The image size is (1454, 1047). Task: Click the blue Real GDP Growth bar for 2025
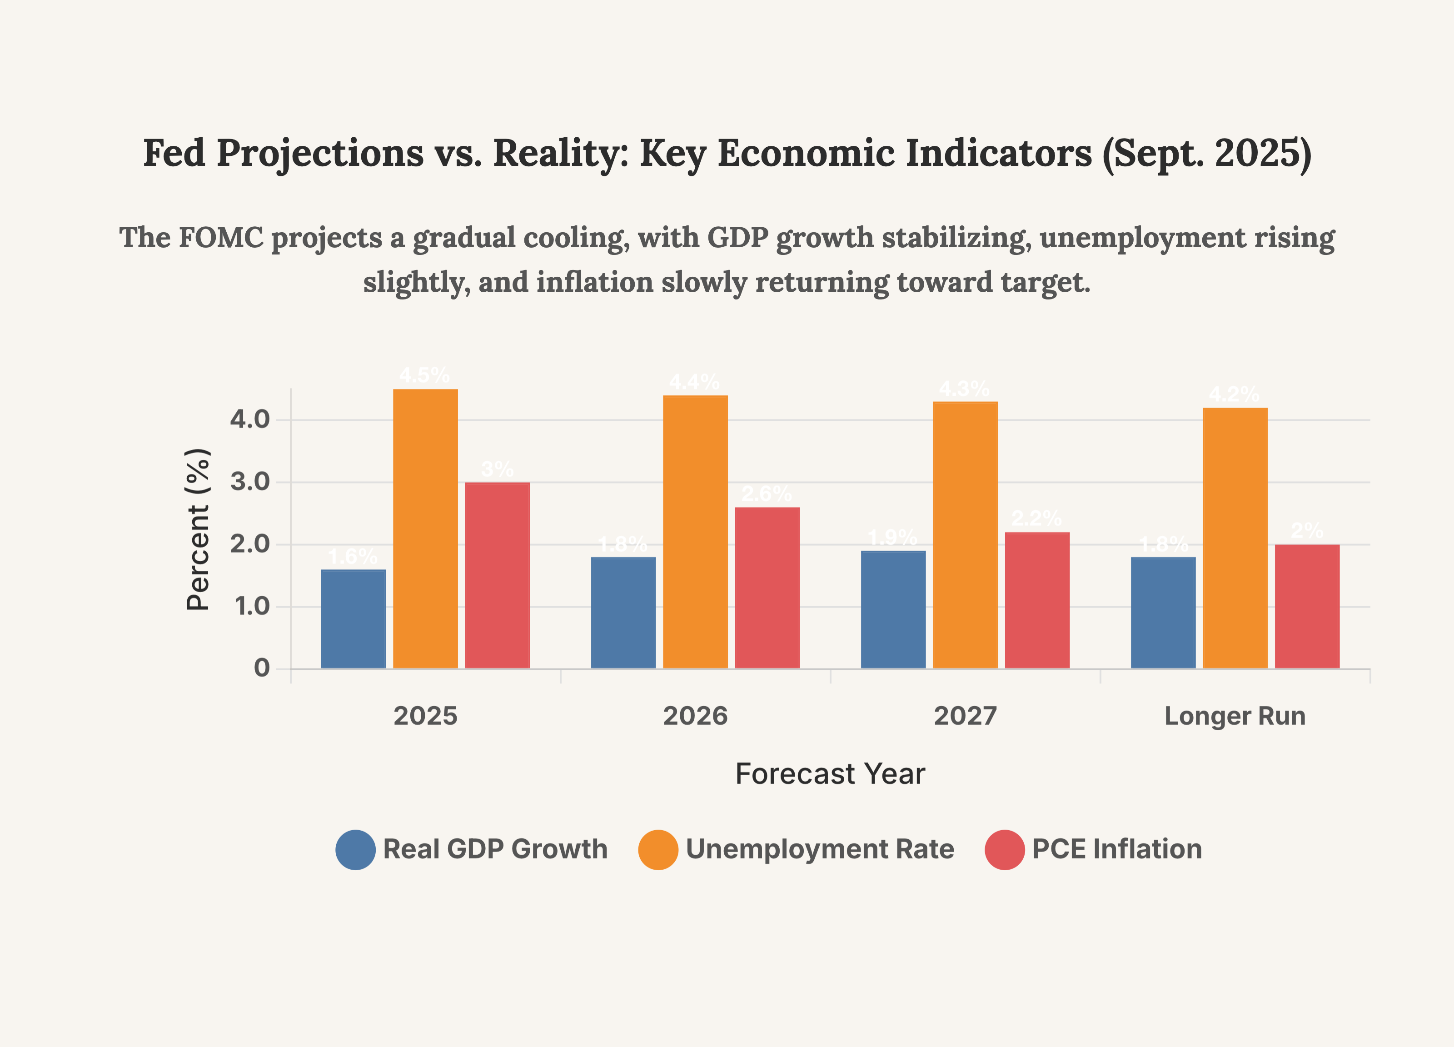[353, 619]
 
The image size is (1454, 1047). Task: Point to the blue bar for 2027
[893, 610]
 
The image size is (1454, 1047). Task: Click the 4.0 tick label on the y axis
[250, 420]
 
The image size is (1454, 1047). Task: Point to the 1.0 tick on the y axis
[252, 607]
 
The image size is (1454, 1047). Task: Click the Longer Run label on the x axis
[1235, 716]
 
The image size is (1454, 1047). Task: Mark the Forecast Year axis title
[830, 774]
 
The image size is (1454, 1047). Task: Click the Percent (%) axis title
[198, 529]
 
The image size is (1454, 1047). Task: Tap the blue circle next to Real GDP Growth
[355, 849]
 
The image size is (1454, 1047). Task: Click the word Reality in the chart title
[561, 154]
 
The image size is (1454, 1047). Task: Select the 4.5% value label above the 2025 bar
[424, 375]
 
